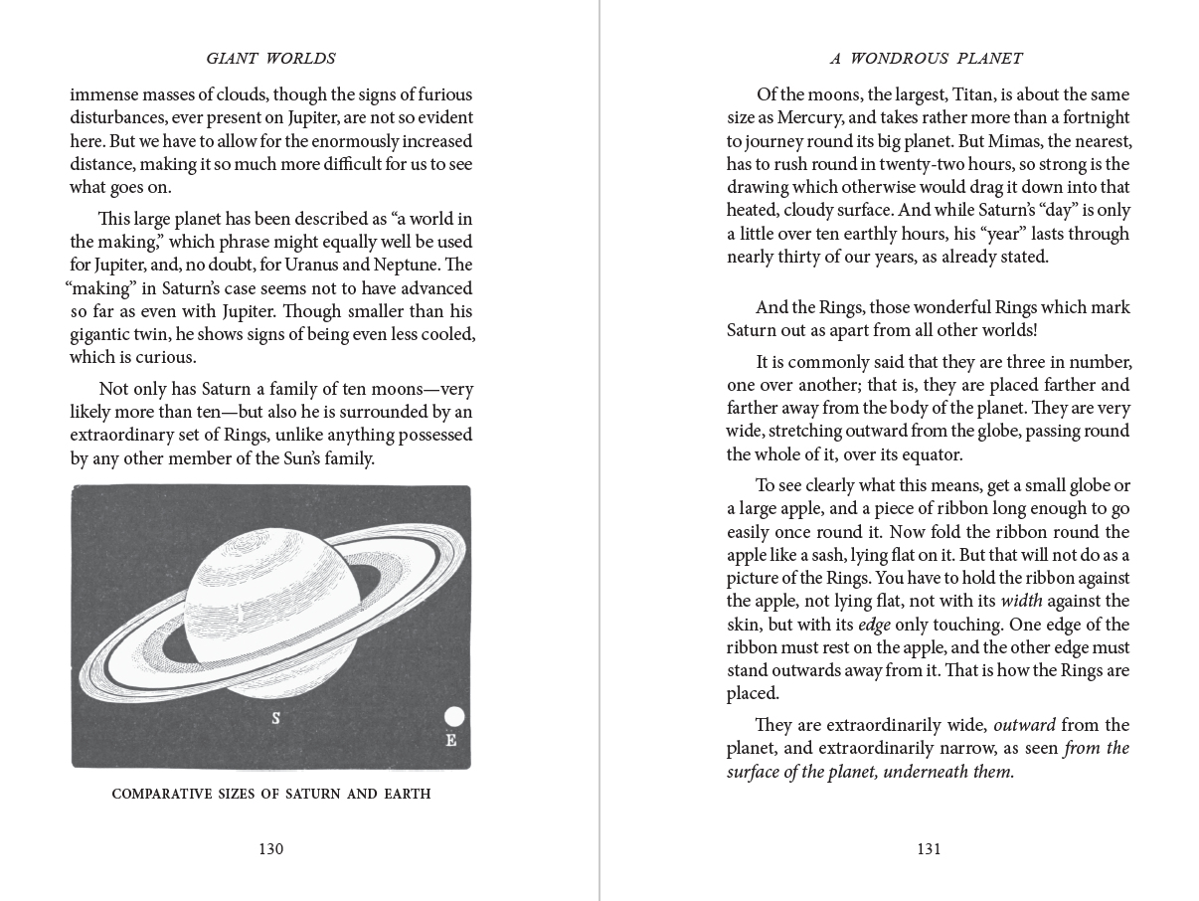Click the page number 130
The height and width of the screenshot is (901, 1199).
tap(271, 848)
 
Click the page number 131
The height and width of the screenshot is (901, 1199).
tap(929, 848)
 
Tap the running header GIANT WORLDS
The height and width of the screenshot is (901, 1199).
tap(270, 59)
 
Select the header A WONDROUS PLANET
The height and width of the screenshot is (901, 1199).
tap(927, 59)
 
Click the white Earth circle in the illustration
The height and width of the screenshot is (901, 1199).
tap(453, 717)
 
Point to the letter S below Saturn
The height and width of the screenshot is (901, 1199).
tap(275, 717)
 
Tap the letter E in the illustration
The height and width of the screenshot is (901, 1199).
tap(451, 740)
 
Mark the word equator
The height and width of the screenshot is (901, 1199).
tap(928, 454)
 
